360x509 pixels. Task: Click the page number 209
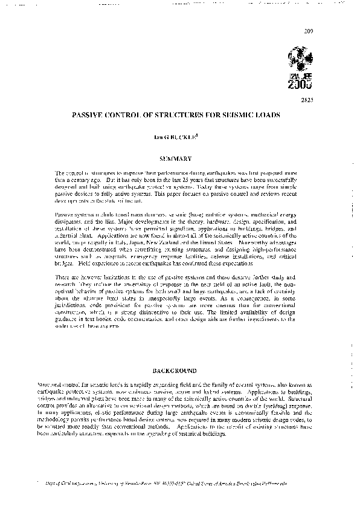tap(309, 30)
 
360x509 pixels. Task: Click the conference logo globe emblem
tap(300, 58)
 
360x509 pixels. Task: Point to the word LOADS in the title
tap(257, 112)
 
